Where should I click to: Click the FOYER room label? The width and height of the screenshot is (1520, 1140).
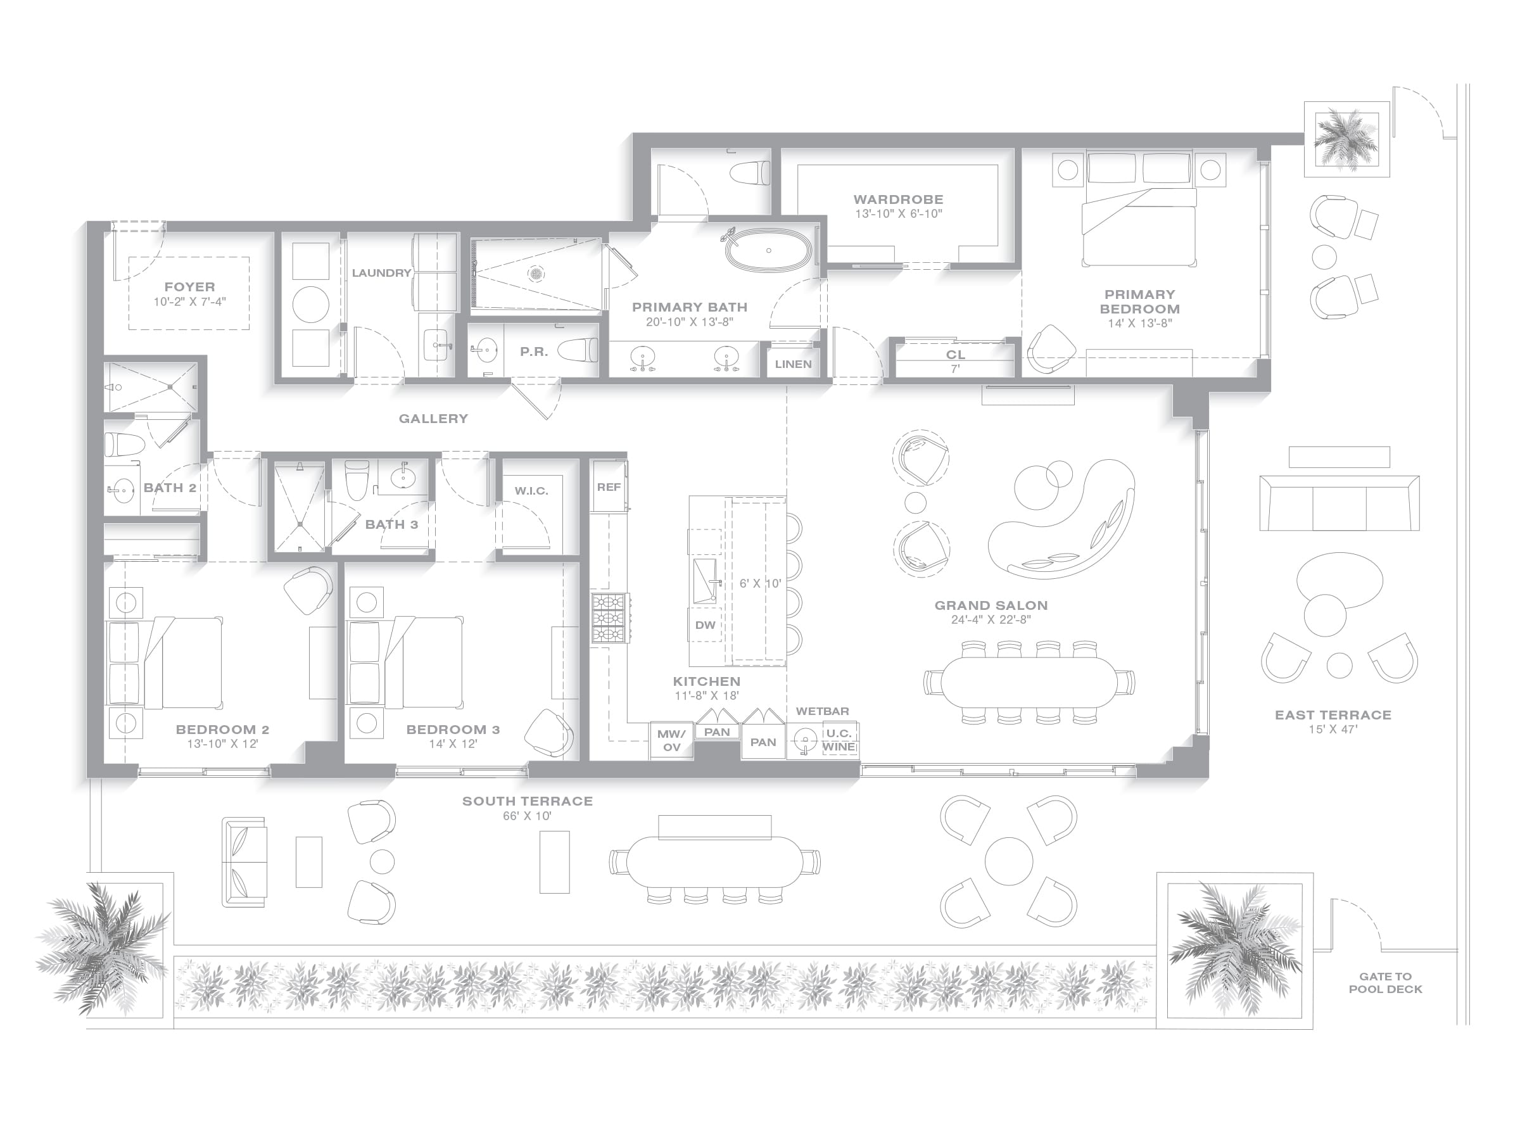(x=189, y=286)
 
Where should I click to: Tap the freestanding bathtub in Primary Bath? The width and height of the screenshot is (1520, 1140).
(x=768, y=250)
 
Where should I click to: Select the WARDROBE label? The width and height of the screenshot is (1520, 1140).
(x=898, y=199)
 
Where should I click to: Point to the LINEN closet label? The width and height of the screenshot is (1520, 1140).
(x=793, y=364)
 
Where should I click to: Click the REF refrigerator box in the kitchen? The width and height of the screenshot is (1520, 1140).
(x=609, y=486)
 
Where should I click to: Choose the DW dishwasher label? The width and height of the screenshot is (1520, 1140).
(x=705, y=625)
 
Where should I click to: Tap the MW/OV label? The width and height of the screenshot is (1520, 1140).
(x=671, y=741)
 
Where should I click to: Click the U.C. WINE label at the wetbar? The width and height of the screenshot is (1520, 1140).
(x=839, y=740)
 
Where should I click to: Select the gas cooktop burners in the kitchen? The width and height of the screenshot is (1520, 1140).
(x=610, y=618)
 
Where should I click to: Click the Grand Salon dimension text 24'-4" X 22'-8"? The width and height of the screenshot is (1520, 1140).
(x=991, y=620)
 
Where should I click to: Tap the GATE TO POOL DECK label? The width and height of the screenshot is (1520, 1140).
(x=1385, y=983)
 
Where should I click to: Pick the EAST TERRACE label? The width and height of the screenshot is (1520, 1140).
(x=1333, y=714)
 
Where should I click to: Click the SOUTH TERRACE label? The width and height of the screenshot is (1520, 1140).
(x=527, y=801)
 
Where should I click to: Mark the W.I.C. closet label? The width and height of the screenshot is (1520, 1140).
(x=531, y=491)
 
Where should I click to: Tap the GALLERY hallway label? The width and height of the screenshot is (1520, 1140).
(x=434, y=419)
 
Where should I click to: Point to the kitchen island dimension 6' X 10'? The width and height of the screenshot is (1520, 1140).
(x=760, y=583)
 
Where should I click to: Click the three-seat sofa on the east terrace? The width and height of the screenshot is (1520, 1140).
(x=1339, y=503)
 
